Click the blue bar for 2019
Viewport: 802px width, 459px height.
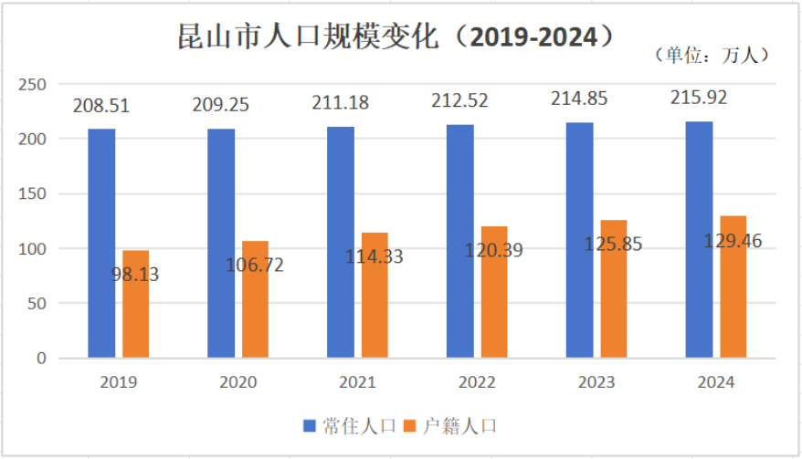tap(101, 243)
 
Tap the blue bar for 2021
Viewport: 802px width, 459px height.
tap(341, 242)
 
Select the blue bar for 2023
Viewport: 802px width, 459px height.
tap(579, 240)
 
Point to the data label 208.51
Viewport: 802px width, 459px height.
tap(101, 106)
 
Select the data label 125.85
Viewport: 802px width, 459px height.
tap(610, 245)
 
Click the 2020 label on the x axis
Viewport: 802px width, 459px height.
tap(237, 382)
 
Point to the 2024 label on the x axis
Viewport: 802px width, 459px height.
tap(715, 382)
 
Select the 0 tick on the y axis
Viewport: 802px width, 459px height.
tap(41, 359)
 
